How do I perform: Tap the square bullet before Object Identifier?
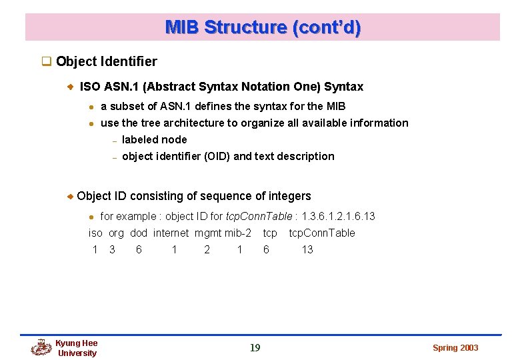[x=47, y=62]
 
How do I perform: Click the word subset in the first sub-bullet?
[x=127, y=106]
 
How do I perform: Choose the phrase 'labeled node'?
[x=155, y=139]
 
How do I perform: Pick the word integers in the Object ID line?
[x=289, y=196]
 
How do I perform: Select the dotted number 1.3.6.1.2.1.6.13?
[x=338, y=216]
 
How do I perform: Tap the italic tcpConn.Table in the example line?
[x=259, y=216]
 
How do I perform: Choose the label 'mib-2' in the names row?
[x=238, y=233]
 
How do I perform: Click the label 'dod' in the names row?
[x=139, y=233]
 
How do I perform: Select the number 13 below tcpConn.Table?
[x=307, y=249]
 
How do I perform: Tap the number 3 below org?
[x=112, y=249]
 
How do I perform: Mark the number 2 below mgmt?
[x=207, y=249]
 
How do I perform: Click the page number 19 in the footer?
[x=255, y=347]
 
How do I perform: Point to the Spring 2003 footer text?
[x=455, y=348]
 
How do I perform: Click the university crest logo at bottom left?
[x=41, y=347]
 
